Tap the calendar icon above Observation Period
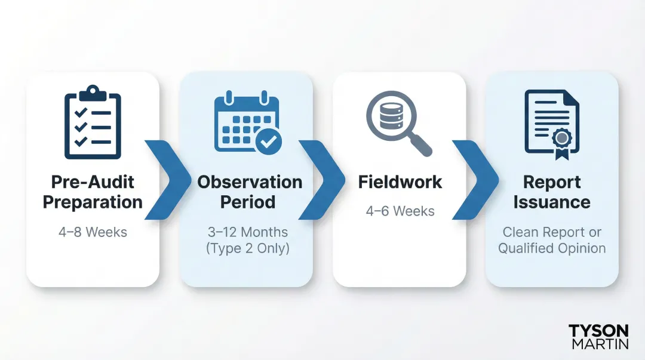pyautogui.click(x=245, y=122)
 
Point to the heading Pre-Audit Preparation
pyautogui.click(x=93, y=192)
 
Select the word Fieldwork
pyautogui.click(x=400, y=182)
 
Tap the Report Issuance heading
pyautogui.click(x=552, y=192)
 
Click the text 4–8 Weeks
pyautogui.click(x=93, y=232)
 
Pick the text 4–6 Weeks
pyautogui.click(x=400, y=211)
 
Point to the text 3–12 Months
pyautogui.click(x=247, y=232)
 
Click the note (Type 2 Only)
pyautogui.click(x=247, y=248)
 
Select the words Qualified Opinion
pyautogui.click(x=552, y=248)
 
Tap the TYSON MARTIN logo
pyautogui.click(x=598, y=337)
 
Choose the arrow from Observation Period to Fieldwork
pyautogui.click(x=322, y=179)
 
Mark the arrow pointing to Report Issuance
pyautogui.click(x=475, y=179)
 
